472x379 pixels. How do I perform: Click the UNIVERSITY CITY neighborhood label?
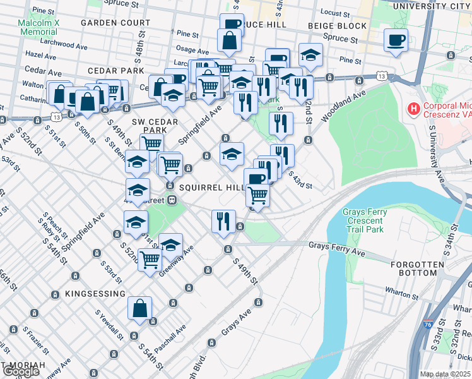(x=431, y=6)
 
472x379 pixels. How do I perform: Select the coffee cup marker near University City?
(x=396, y=41)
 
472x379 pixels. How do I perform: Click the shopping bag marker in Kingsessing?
(x=140, y=310)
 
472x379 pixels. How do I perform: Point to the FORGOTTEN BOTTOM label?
(x=413, y=268)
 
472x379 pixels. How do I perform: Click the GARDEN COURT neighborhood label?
(x=115, y=22)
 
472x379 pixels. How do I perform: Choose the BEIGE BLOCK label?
(x=337, y=26)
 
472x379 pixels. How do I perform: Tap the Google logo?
(x=21, y=371)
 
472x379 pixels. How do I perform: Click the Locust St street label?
(x=334, y=12)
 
